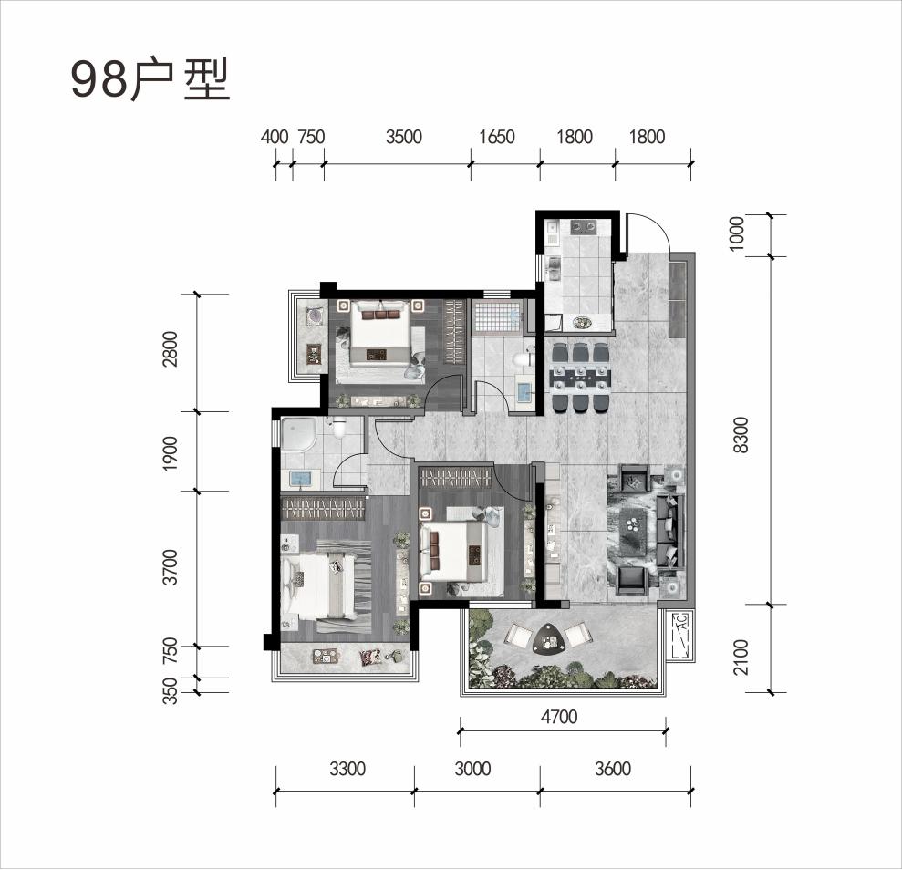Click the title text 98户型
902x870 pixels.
click(150, 81)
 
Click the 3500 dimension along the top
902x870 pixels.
click(404, 137)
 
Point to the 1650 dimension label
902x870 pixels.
click(497, 137)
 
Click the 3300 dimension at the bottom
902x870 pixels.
click(347, 768)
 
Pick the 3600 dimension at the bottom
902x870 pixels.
click(613, 768)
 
